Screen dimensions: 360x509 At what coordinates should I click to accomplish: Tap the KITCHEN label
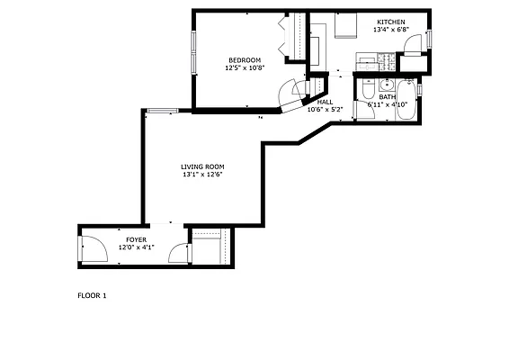[x=390, y=22]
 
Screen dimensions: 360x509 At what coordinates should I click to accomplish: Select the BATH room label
[x=387, y=96]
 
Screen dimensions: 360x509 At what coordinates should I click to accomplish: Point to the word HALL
[x=325, y=102]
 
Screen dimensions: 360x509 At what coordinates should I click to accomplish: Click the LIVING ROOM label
[x=202, y=166]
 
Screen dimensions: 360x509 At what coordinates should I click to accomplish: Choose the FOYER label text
[x=136, y=239]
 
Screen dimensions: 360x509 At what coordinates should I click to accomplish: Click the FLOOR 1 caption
[x=92, y=294]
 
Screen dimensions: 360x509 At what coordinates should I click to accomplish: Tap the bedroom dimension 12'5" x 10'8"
[x=244, y=67]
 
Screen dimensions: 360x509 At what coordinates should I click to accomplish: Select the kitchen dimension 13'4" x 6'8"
[x=390, y=29]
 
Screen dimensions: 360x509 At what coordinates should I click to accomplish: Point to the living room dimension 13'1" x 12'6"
[x=202, y=175]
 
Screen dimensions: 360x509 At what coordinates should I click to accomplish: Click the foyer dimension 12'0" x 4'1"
[x=136, y=247]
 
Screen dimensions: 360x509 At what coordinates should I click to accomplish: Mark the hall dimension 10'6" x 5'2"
[x=325, y=109]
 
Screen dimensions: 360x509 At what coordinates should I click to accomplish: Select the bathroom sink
[x=385, y=85]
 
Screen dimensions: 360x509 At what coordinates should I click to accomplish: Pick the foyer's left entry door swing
[x=93, y=247]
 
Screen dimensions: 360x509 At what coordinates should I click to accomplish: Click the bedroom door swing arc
[x=290, y=94]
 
